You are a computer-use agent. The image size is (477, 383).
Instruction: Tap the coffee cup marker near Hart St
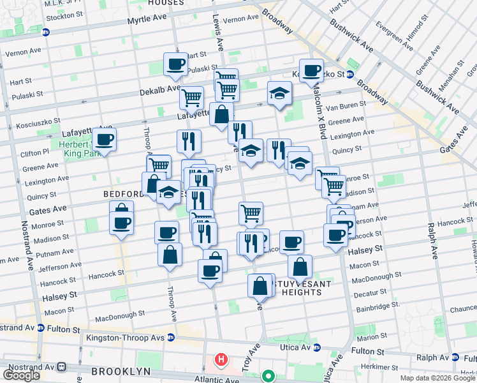tap(175, 64)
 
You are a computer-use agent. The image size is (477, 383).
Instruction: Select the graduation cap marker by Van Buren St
tap(279, 93)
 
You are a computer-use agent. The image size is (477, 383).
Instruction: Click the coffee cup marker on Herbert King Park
tap(105, 139)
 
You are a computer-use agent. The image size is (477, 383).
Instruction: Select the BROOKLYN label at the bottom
tap(121, 371)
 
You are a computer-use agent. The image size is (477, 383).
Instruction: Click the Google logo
tap(21, 375)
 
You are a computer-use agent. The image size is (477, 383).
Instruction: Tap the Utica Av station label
tap(296, 348)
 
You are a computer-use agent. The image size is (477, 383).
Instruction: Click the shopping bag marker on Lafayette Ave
tap(221, 116)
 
